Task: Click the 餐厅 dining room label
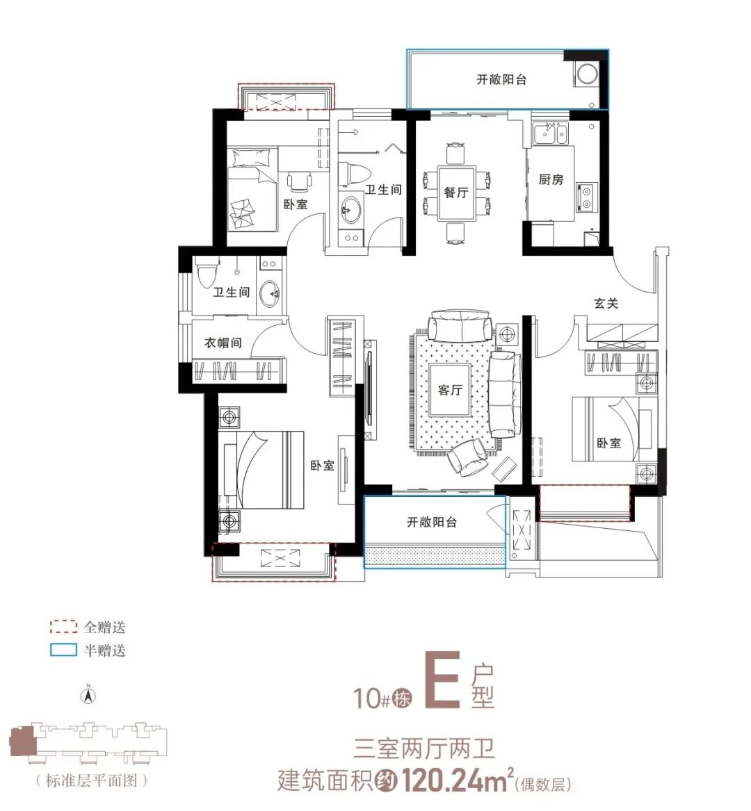click(456, 193)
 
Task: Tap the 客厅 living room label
click(450, 390)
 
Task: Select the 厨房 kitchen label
click(551, 179)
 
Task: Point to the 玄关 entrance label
click(606, 303)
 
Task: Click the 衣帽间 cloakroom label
click(223, 343)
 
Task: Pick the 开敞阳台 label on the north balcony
click(501, 79)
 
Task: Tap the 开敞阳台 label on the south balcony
click(432, 522)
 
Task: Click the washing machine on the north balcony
click(587, 74)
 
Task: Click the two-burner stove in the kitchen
click(587, 197)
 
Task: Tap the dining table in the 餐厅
click(456, 193)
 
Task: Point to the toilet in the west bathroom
click(207, 272)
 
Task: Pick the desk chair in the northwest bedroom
click(300, 181)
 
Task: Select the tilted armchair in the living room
click(467, 456)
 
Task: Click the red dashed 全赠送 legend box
click(63, 627)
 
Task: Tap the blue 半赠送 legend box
click(63, 650)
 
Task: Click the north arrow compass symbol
click(88, 695)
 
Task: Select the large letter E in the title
click(442, 680)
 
